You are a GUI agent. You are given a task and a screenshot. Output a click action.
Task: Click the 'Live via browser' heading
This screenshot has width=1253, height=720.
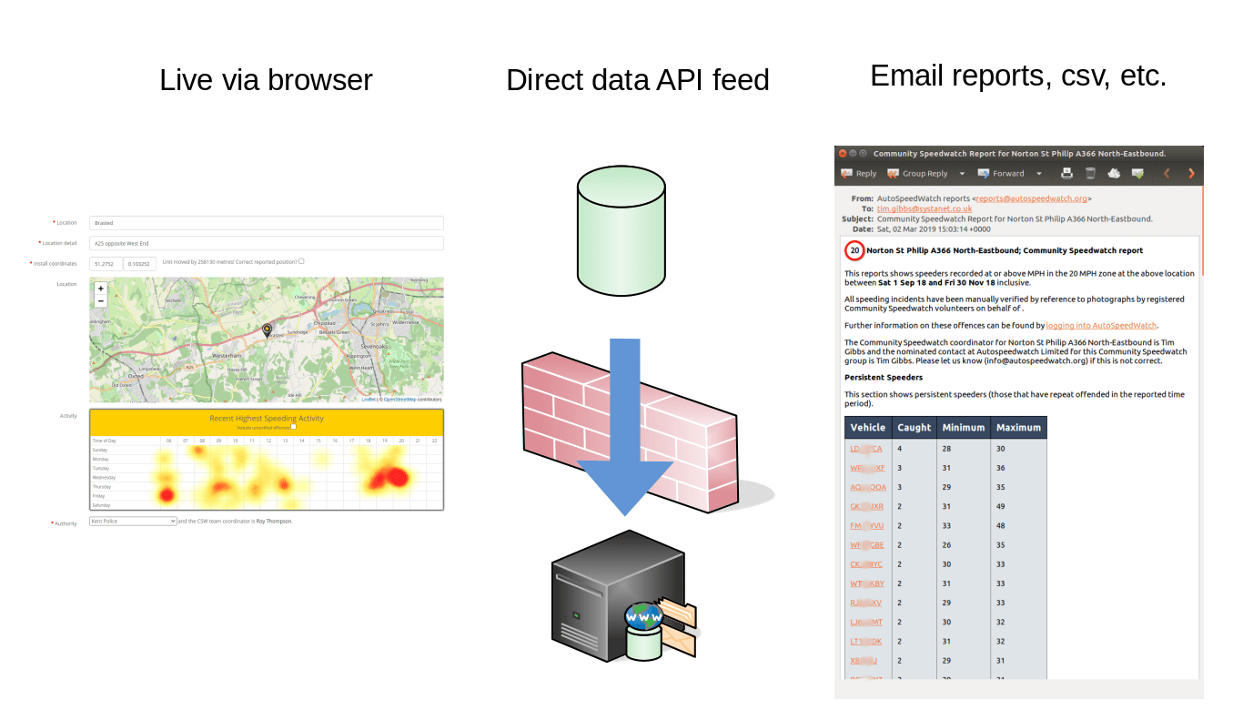(266, 80)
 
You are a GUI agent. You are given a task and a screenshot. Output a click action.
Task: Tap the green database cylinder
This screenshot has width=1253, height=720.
(621, 226)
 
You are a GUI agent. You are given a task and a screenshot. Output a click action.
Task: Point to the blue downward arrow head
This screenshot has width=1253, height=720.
(625, 483)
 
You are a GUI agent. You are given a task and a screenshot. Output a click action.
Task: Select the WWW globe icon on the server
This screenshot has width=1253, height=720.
(644, 618)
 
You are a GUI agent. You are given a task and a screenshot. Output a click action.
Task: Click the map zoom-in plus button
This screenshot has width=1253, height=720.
(101, 289)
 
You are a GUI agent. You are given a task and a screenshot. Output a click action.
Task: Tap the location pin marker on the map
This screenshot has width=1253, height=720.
(267, 330)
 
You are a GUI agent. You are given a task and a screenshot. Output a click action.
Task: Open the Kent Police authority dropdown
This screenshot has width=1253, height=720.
(133, 522)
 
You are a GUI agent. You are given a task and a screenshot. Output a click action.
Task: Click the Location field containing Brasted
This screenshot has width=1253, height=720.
(266, 223)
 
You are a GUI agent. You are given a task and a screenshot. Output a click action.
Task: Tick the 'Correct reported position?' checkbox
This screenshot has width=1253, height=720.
(301, 261)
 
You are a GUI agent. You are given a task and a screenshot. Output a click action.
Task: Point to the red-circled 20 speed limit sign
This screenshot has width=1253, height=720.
(854, 250)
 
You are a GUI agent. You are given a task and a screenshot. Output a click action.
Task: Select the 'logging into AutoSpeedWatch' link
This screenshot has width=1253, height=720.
(1101, 325)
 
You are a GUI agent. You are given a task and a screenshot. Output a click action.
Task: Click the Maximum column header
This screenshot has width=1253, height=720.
(1018, 428)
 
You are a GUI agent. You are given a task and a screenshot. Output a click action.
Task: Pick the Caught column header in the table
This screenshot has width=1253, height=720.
(914, 428)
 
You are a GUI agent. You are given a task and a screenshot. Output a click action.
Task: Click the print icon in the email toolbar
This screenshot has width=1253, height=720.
(1066, 173)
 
